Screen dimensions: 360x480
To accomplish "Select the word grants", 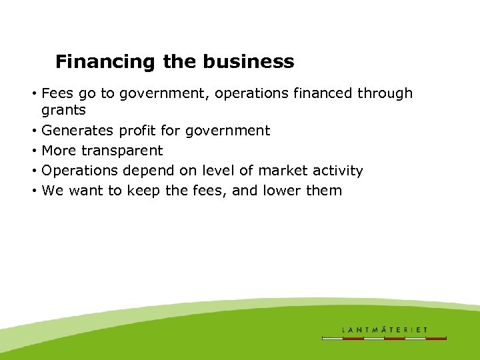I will (63, 111).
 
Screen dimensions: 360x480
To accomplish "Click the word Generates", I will (78, 131).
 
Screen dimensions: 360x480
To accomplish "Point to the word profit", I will (138, 131).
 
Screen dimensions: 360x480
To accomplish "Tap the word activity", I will (338, 171).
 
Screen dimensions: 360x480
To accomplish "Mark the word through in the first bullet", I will (385, 93).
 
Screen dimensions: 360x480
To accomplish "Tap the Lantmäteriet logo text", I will (385, 329).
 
